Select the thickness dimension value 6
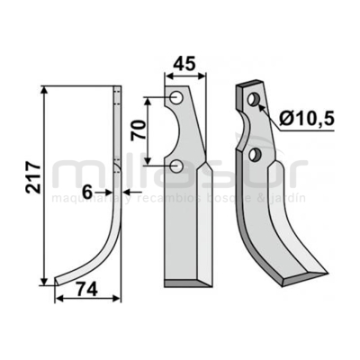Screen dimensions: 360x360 coord(87,192)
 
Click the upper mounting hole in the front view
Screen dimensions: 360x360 coord(177,97)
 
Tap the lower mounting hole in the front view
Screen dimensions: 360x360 coord(178,165)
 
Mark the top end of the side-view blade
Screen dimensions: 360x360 coord(117,88)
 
